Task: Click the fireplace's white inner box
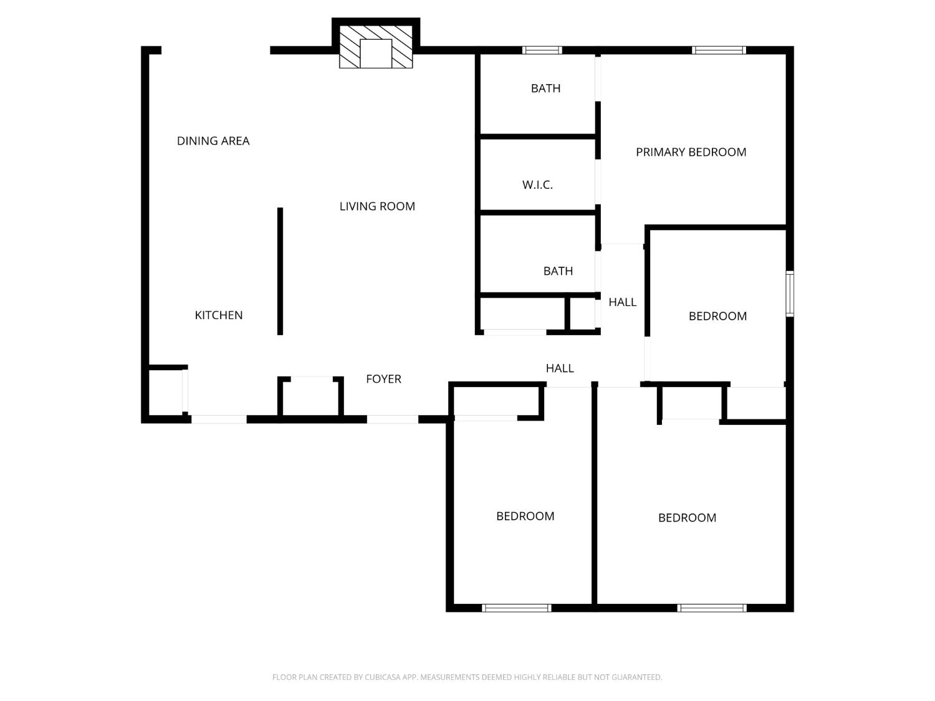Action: coord(376,53)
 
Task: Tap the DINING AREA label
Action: coord(213,141)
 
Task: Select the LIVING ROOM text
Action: coord(377,206)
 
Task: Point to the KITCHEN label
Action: coord(219,315)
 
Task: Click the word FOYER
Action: coord(383,379)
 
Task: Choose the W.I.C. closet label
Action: coord(537,185)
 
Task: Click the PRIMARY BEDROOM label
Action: coord(691,152)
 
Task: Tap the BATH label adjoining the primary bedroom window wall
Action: coord(545,88)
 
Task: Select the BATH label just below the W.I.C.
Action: coord(558,271)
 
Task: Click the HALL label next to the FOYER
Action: coord(560,368)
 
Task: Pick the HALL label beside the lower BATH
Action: coord(622,302)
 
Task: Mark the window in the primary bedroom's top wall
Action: coord(719,50)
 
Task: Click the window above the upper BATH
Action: coord(542,50)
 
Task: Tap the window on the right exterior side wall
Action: coord(790,294)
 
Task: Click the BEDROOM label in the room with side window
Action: coord(717,316)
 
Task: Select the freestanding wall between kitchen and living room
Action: coord(280,271)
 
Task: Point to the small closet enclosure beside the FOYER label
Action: coord(310,398)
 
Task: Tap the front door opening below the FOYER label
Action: coord(392,419)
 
